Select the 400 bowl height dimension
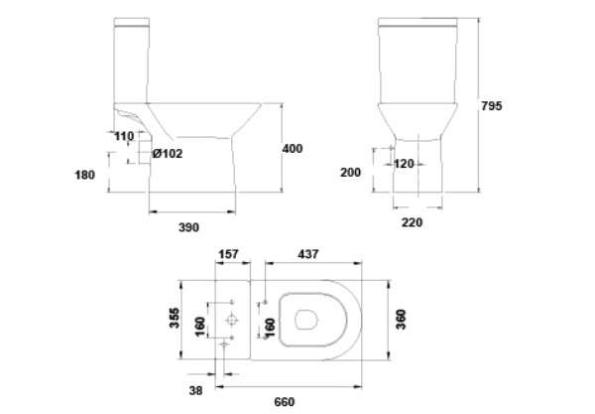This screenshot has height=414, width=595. (292, 148)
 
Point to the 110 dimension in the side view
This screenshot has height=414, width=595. (124, 136)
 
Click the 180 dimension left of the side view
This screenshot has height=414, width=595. (84, 176)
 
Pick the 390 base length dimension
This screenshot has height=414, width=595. (188, 227)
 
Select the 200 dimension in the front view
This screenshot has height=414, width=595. (351, 172)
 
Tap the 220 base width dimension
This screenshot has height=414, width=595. (413, 222)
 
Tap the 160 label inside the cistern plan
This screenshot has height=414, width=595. (201, 324)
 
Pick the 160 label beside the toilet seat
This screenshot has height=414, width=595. (267, 324)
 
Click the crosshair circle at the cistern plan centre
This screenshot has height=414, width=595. (231, 321)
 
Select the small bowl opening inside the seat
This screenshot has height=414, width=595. (306, 320)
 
